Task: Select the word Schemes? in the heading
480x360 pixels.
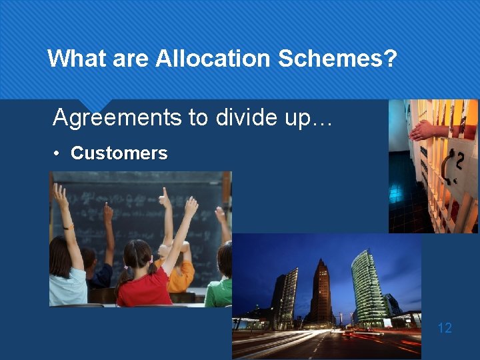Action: coord(338,59)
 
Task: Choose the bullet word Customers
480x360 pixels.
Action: coord(119,153)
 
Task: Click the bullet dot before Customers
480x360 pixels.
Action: coord(58,154)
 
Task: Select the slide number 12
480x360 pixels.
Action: coord(444,327)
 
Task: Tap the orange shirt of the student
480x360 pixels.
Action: coord(182,275)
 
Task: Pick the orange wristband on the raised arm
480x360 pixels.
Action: coord(67,227)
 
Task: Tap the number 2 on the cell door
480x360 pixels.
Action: coord(457,163)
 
